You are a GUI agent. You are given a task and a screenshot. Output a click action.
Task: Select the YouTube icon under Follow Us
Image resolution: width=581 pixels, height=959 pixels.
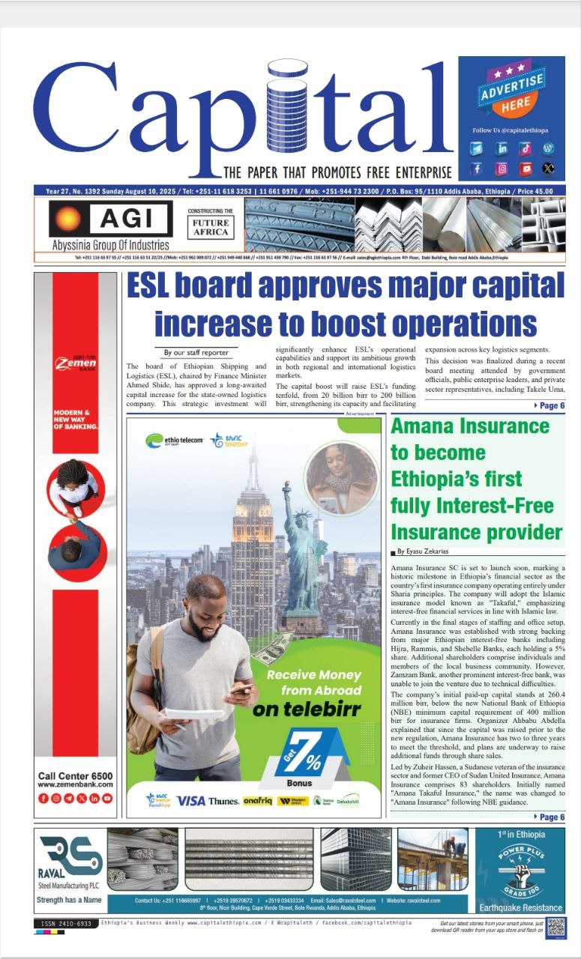(526, 169)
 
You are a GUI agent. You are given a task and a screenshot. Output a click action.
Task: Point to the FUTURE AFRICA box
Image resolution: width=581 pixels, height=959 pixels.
(211, 227)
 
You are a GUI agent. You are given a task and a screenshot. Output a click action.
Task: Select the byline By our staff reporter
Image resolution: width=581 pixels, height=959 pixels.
(196, 352)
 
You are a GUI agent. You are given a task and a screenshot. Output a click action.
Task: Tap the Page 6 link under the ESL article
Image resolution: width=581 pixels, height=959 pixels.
(549, 405)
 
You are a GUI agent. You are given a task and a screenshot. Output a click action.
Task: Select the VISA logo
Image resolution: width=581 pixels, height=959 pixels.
(191, 800)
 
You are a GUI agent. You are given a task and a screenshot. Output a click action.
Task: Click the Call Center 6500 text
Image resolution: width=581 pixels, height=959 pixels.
(75, 775)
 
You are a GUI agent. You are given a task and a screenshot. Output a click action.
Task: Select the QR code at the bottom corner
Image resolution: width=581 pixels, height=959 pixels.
(556, 927)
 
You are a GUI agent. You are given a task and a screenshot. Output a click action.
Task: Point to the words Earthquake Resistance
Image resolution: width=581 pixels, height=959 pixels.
(520, 907)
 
